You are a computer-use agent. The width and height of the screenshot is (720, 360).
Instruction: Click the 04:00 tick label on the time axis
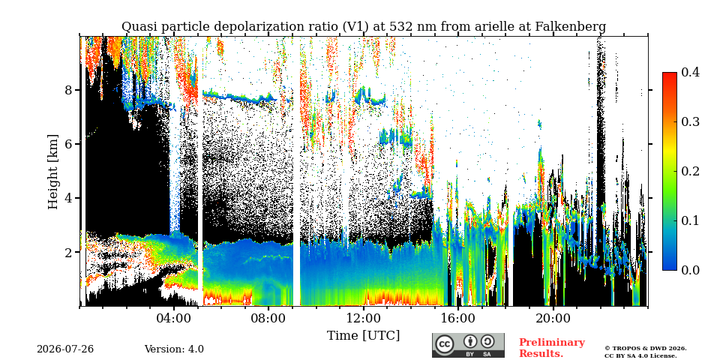174,319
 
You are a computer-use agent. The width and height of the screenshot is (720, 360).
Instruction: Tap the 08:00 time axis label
268,319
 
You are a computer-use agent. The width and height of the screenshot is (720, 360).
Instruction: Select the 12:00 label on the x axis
363,319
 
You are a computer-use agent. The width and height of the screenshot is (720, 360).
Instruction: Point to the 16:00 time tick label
457,319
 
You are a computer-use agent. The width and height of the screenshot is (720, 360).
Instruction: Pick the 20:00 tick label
553,319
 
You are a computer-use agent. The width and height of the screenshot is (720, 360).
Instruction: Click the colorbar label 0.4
690,72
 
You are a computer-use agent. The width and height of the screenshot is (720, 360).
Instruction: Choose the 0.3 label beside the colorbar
690,121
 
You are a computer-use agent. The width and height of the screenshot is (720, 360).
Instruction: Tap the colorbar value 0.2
690,171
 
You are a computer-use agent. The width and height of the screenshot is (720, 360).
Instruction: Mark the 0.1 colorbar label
690,220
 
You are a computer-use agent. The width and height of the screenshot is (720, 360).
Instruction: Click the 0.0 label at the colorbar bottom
690,270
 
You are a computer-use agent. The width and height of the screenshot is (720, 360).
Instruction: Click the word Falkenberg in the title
571,27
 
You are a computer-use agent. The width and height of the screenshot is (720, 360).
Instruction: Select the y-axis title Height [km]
54,172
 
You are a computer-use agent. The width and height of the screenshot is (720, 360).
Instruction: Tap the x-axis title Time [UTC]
363,336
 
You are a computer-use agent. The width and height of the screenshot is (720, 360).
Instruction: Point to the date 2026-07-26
65,349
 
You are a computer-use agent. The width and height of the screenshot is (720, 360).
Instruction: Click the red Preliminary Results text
552,348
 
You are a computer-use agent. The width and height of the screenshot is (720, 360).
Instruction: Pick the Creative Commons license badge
468,345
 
